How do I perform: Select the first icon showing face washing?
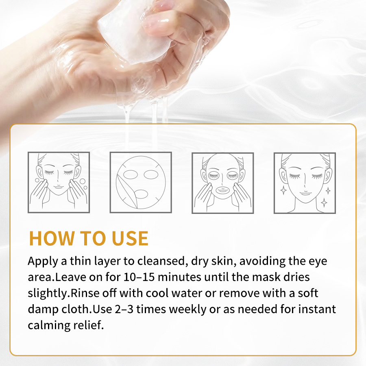[x=59, y=182]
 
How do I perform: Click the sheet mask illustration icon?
[x=141, y=182]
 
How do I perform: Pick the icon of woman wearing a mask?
[x=223, y=182]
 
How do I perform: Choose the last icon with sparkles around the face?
[x=305, y=182]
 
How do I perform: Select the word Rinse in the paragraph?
[x=88, y=293]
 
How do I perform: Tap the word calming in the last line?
[x=48, y=325]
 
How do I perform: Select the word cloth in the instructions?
[x=76, y=309]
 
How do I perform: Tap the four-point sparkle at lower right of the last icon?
[x=324, y=202]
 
